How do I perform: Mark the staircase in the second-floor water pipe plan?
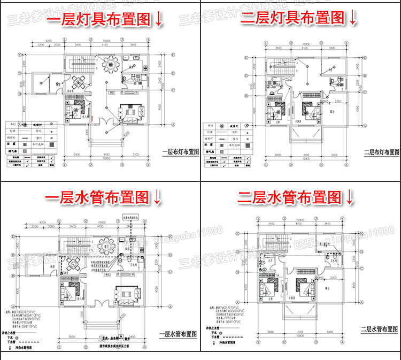coord(274,247)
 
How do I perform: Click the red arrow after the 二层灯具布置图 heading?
coord(352,19)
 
